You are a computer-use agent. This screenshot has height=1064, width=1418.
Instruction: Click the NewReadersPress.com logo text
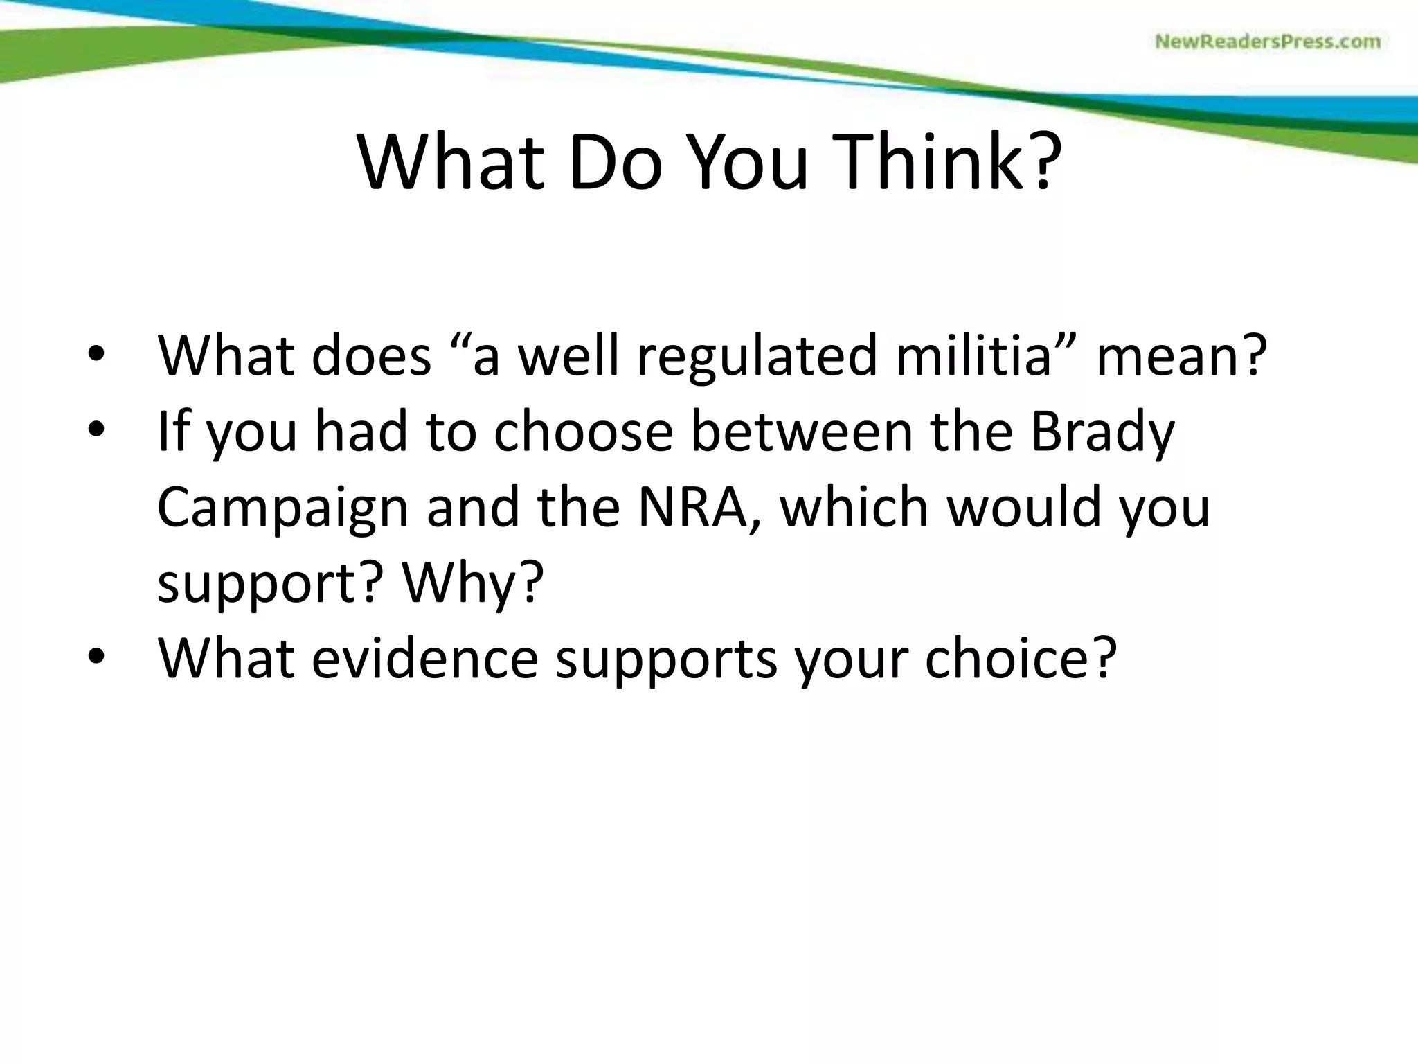click(x=1268, y=42)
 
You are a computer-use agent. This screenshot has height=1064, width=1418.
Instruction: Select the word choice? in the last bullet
click(x=1021, y=657)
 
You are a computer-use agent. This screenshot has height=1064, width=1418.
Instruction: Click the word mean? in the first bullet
click(x=1181, y=355)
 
